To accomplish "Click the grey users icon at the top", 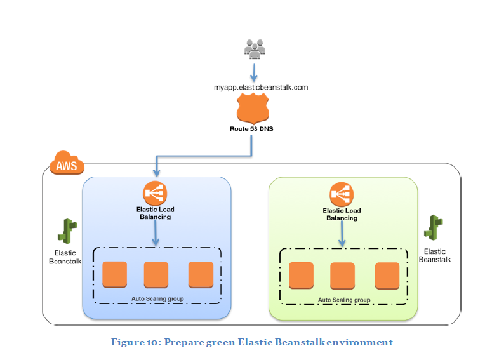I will pos(256,48).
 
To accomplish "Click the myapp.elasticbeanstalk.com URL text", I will pos(261,88).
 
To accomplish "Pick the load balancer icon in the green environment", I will pos(342,194).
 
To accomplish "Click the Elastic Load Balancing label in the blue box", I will pos(155,213).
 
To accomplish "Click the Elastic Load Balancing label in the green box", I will pos(342,214).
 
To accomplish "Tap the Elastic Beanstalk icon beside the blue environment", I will pos(67,230).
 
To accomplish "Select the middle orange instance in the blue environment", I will pos(156,274).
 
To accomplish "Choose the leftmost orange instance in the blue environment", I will pos(114,274).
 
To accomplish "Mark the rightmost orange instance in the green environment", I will pos(387,275).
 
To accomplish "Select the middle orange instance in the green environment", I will pos(342,275).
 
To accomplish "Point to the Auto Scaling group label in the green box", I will pos(343,299).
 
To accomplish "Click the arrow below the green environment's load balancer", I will pos(342,234).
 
